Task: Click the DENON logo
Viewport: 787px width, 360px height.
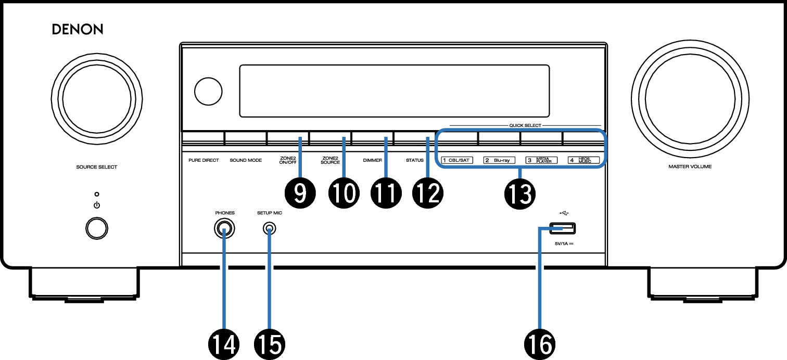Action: click(78, 30)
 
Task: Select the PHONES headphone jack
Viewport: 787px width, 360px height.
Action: click(224, 229)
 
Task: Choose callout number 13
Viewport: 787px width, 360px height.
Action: click(519, 194)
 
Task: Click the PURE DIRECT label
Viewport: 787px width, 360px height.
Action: click(204, 160)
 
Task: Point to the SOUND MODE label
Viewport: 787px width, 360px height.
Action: click(246, 160)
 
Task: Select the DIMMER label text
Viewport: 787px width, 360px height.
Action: click(373, 160)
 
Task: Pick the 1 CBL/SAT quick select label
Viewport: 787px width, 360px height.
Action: click(456, 160)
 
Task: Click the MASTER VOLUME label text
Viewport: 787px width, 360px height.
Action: click(690, 168)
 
